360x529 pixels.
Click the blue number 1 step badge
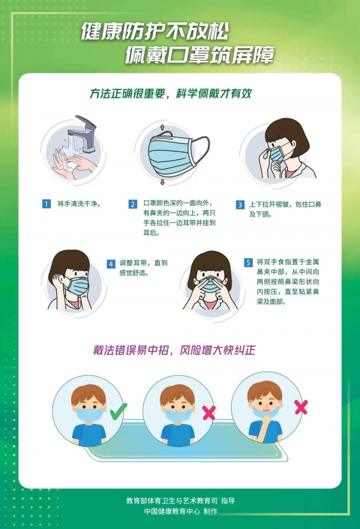tap(46, 204)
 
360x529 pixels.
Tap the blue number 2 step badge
tap(133, 204)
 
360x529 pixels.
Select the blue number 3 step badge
tap(240, 205)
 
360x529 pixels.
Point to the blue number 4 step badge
tap(111, 264)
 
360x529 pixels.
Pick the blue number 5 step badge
tap(248, 262)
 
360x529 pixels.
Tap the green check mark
tap(119, 411)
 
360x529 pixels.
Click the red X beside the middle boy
tap(209, 413)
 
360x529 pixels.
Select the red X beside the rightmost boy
tap(301, 407)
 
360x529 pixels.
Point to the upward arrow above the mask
tap(162, 127)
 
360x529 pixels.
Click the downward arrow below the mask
tap(163, 182)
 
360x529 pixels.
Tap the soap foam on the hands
tap(70, 166)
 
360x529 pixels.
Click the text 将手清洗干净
tap(79, 204)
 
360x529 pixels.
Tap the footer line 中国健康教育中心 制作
tap(181, 512)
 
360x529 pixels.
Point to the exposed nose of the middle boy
tap(178, 408)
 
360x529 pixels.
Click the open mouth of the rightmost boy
tap(266, 411)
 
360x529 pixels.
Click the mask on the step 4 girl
tap(78, 286)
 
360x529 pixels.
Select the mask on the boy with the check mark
tap(89, 414)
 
